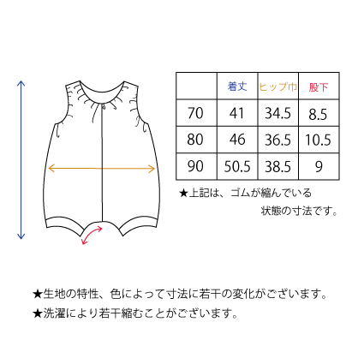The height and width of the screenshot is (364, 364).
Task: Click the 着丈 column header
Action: (237, 87)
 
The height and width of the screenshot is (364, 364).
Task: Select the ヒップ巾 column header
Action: (278, 87)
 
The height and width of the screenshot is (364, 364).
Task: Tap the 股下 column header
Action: (319, 87)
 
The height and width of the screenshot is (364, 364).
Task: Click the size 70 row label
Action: (195, 113)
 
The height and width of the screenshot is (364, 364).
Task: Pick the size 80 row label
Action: (195, 140)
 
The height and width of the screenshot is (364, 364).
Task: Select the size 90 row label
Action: (195, 166)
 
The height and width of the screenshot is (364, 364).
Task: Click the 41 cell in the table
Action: (237, 113)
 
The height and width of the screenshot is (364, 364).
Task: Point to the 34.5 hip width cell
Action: (277, 113)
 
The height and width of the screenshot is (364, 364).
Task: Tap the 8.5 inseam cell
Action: (318, 114)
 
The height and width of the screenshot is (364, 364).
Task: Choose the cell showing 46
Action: (237, 140)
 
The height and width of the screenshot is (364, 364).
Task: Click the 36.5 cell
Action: (277, 140)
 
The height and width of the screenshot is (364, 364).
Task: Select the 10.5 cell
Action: (319, 140)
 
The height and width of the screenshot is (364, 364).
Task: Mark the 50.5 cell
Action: (237, 166)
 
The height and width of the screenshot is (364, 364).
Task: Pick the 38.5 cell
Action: (277, 166)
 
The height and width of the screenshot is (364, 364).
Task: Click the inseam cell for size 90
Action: (319, 166)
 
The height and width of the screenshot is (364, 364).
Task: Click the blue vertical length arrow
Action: (21, 159)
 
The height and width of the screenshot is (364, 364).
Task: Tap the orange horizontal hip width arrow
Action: (101, 169)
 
